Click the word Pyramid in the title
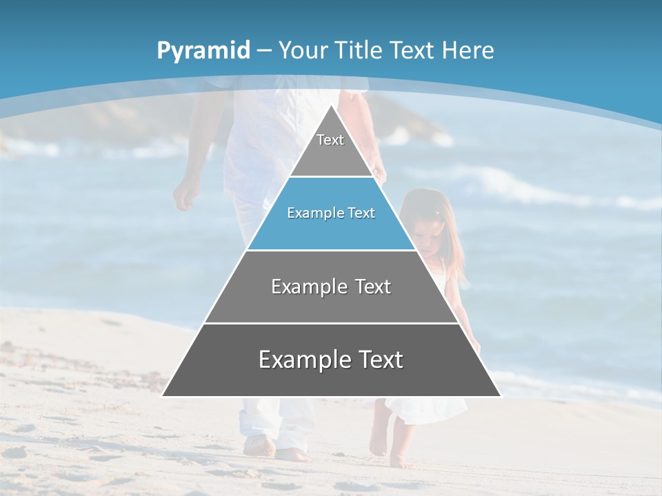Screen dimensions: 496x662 203,50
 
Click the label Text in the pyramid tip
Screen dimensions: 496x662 330,140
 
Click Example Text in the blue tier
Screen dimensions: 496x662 331,213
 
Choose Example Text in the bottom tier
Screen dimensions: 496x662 331,360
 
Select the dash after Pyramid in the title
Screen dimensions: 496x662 264,51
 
